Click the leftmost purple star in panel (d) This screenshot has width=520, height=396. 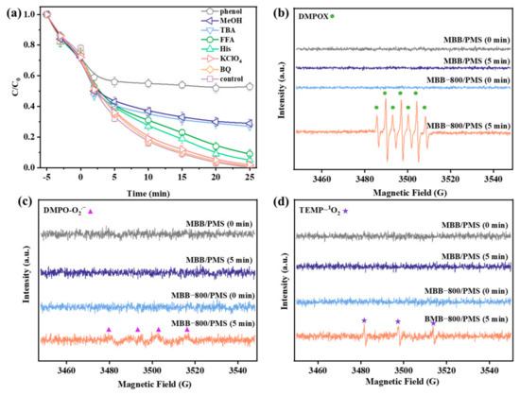coord(363,321)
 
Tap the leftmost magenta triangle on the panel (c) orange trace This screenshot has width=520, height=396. coord(109,330)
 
